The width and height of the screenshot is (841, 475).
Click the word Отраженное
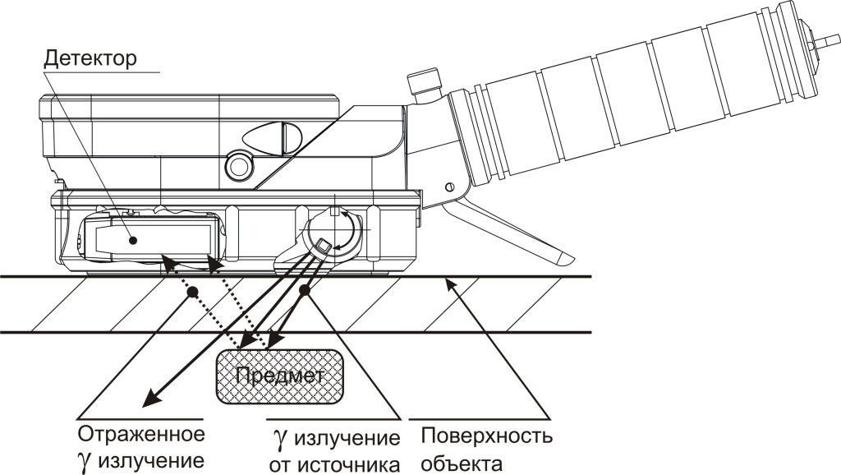point(140,433)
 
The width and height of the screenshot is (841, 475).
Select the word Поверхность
point(486,434)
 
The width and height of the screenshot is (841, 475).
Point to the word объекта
point(460,463)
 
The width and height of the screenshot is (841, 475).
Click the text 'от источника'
point(333,463)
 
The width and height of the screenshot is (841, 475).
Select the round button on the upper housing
point(239,164)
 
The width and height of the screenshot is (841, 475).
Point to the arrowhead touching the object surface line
point(448,284)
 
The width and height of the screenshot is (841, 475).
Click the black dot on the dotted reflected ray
point(190,292)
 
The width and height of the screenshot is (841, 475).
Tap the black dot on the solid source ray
point(305,290)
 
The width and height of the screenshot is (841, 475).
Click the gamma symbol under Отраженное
point(85,460)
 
